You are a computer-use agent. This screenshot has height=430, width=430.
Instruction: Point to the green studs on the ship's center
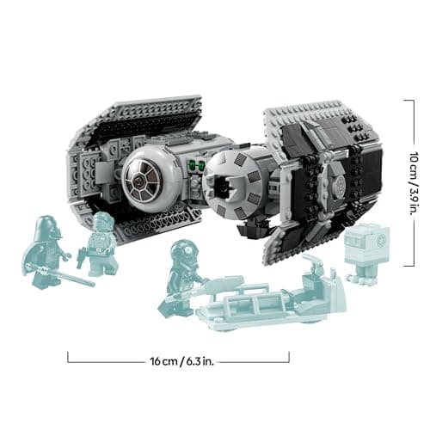pos(196,167)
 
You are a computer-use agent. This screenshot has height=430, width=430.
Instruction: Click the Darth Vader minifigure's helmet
pos(45,230)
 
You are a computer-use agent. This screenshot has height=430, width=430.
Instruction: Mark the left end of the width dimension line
pos(68,357)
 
